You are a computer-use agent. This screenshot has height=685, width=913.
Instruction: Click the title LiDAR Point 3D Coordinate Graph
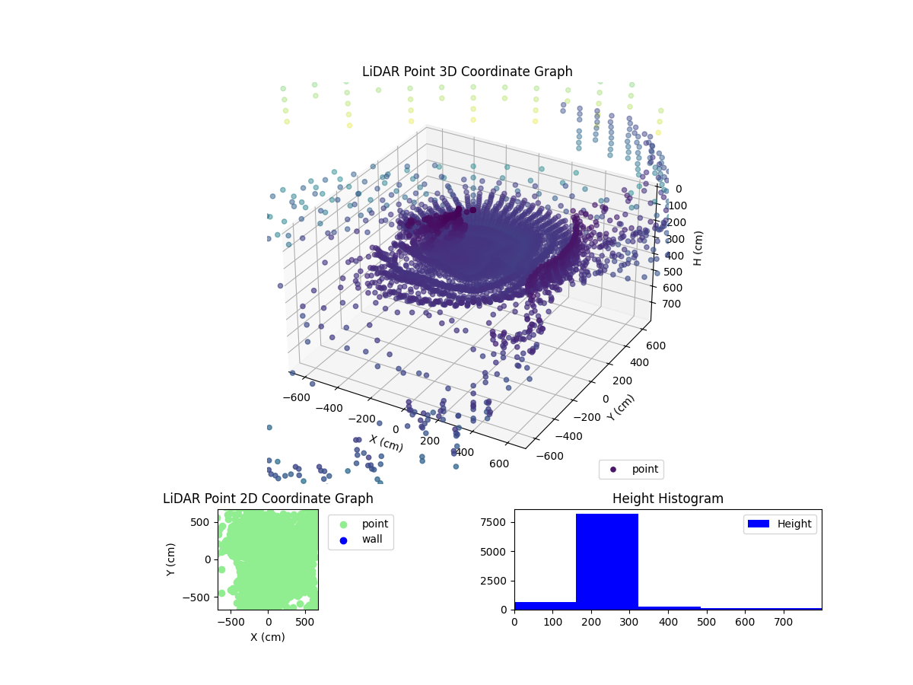467,72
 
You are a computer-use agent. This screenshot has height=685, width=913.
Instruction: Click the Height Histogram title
667,499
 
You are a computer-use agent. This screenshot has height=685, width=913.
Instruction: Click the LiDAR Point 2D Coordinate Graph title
268,499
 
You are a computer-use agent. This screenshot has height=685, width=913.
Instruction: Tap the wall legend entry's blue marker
342,540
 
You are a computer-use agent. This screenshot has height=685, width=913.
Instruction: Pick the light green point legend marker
342,524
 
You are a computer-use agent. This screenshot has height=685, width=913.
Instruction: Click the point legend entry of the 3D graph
631,469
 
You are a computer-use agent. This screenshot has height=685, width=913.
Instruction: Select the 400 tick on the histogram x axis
668,621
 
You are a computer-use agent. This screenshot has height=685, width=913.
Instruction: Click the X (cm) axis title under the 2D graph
268,637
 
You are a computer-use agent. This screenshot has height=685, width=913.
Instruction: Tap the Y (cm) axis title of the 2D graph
171,559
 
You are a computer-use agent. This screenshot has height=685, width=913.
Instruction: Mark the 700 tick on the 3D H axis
673,304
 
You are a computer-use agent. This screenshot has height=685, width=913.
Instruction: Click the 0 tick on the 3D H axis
679,189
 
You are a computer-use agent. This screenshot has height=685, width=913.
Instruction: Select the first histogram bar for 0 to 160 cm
545,605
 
